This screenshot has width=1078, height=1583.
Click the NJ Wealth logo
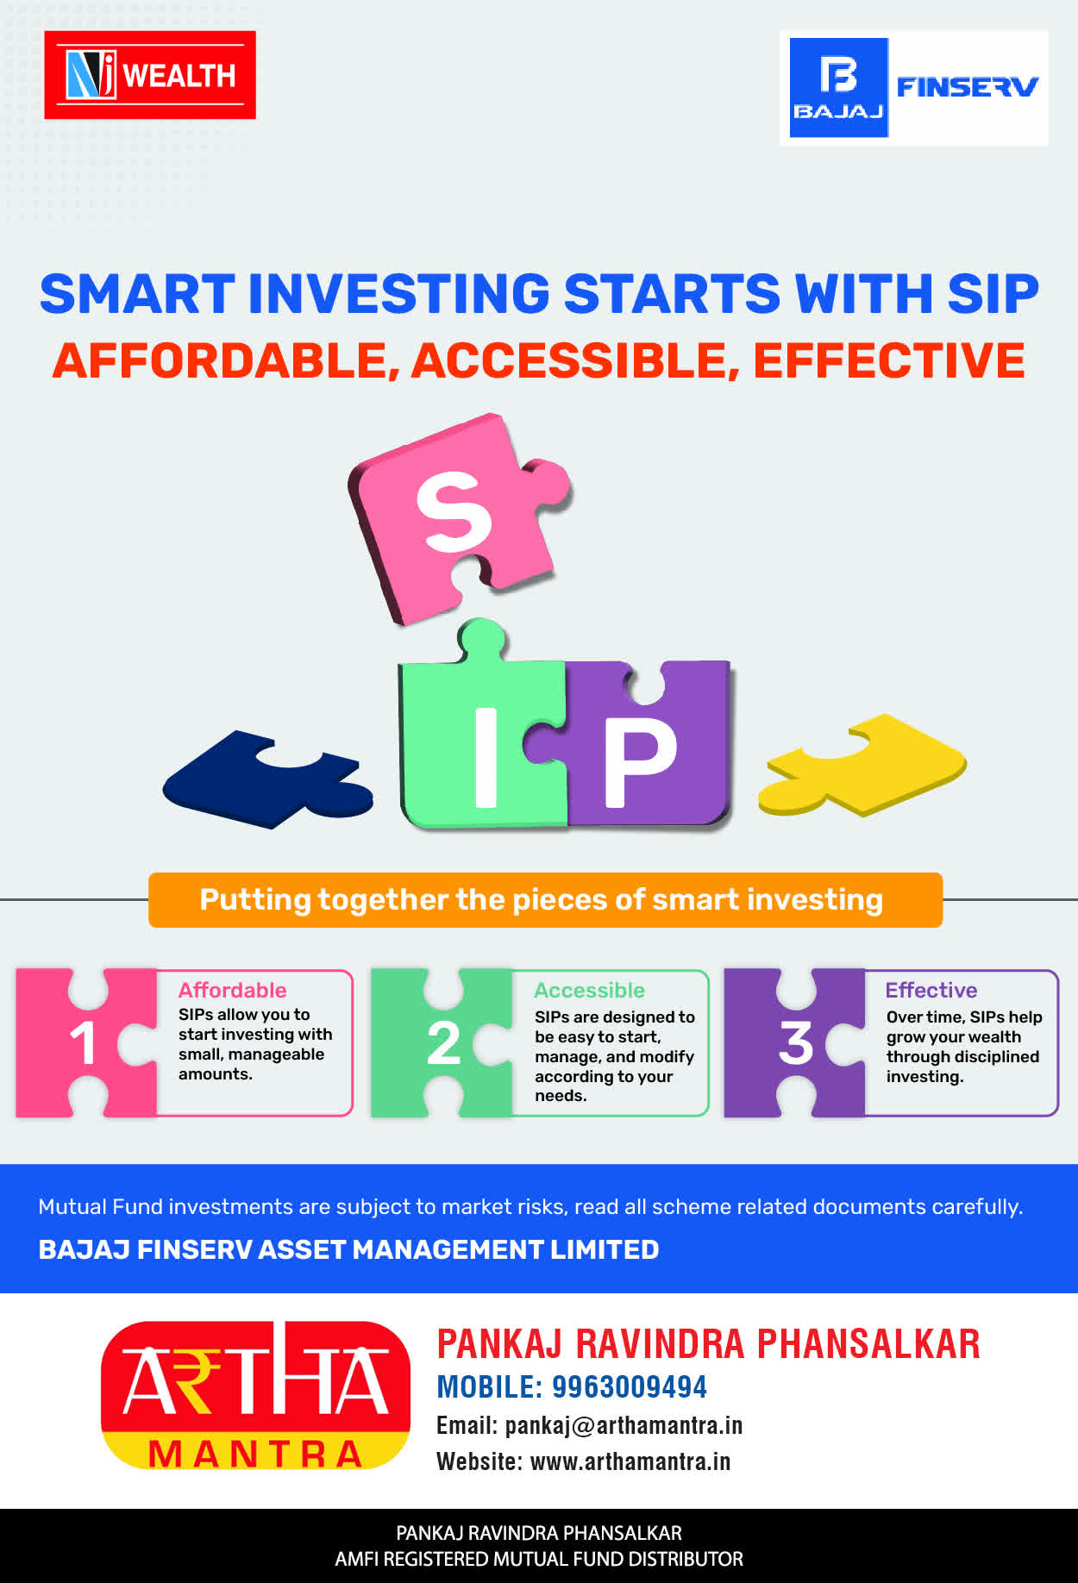pos(150,75)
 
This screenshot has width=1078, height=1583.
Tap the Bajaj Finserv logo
pos(914,88)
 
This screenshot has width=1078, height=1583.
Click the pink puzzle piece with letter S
pos(457,517)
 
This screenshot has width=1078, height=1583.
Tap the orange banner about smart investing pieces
pos(545,900)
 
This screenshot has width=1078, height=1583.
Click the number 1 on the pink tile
pos(83,1043)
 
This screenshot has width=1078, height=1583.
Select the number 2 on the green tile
pos(444,1043)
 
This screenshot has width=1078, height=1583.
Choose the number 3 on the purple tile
pos(796,1043)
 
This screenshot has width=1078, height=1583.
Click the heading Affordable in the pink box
pos(233,990)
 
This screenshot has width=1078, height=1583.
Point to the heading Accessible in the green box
pos(590,990)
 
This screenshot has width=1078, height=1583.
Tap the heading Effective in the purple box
pos(931,990)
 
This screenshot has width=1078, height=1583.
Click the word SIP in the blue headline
pos(993,293)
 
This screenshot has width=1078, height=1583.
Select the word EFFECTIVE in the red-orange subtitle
pos(889,360)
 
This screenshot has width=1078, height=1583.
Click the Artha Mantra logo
pos(255,1395)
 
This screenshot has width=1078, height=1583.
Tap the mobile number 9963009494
pos(630,1386)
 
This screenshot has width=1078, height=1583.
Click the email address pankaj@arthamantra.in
pos(624,1425)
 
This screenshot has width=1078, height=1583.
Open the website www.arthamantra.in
pos(630,1461)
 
